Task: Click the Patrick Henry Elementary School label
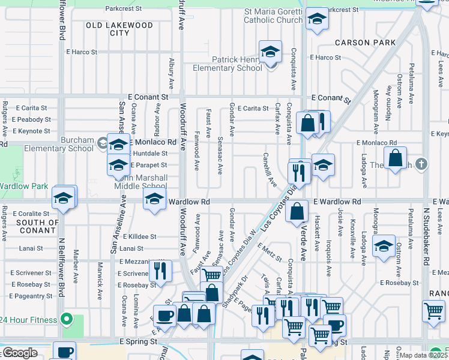pos(228,64)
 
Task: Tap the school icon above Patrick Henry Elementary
pos(270,51)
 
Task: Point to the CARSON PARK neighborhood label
pos(366,43)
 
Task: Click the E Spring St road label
pos(139,341)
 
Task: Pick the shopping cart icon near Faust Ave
pos(211,275)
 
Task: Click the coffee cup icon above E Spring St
pos(164,315)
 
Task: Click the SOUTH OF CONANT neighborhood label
pos(29,227)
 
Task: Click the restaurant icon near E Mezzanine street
pos(160,270)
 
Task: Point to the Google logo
pos(20,353)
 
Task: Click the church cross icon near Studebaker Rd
pos(422,164)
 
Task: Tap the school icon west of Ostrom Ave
pos(384,245)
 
